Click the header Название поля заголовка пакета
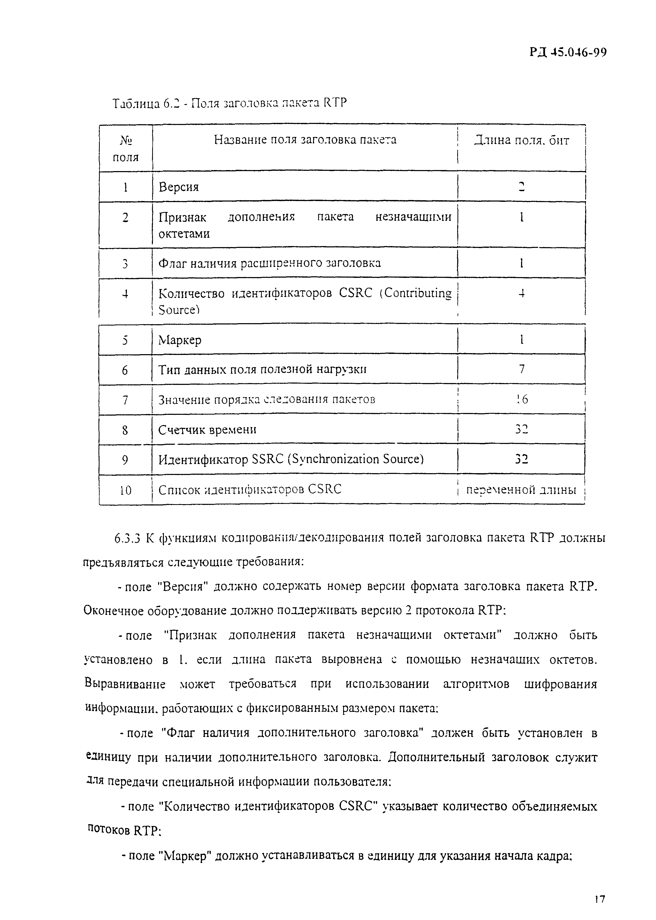coord(305,140)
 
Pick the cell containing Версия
coord(178,187)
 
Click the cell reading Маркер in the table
coord(180,340)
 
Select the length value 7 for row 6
coord(522,369)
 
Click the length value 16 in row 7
coord(522,399)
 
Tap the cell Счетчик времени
coord(207,429)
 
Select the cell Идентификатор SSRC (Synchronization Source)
coord(291,459)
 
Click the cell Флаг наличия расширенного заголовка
coord(269,263)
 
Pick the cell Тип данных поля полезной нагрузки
coord(263,369)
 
